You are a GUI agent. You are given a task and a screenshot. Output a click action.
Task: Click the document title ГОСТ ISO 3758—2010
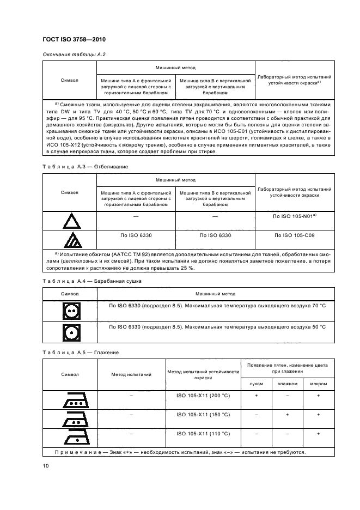pos(74,39)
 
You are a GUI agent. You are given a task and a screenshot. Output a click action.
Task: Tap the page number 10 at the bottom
pos(45,465)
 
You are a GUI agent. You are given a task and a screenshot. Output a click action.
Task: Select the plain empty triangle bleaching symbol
pos(69,221)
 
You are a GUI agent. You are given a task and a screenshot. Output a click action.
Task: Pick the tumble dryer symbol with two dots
pos(69,310)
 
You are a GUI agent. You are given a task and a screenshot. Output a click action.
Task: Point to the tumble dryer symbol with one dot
pos(69,331)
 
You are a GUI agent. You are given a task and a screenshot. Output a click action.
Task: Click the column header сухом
pos(256,384)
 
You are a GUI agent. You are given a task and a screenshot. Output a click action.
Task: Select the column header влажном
pos(287,384)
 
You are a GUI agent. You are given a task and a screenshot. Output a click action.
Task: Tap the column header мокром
pos(318,384)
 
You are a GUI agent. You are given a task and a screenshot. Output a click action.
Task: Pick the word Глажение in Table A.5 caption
pos(107,352)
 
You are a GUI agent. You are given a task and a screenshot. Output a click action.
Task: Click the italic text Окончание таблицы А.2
pos(74,54)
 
